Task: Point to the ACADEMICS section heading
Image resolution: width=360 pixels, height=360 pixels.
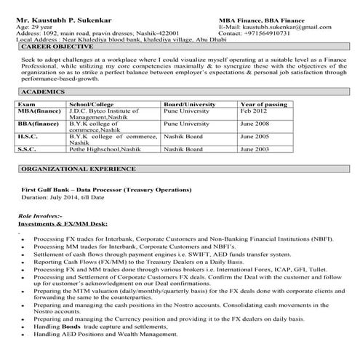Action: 44,94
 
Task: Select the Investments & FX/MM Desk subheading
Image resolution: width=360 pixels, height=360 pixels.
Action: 62,225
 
